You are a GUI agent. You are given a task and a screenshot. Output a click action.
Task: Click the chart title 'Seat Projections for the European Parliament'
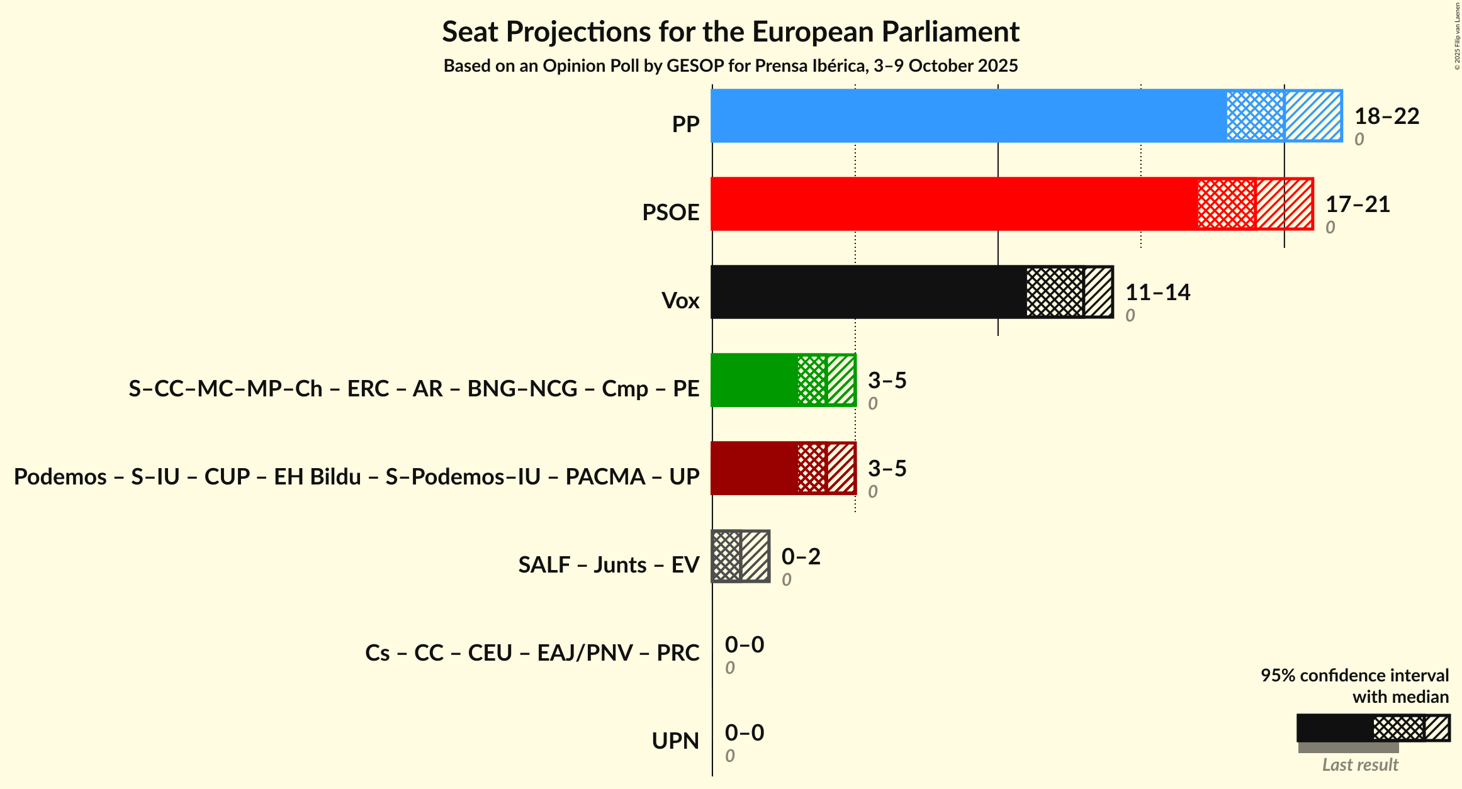[x=731, y=31]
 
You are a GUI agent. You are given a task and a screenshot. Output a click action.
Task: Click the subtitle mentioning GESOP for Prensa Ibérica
[x=731, y=65]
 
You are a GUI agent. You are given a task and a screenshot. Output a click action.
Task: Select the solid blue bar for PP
[x=969, y=116]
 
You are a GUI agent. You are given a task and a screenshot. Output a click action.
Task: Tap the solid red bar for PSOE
[x=954, y=204]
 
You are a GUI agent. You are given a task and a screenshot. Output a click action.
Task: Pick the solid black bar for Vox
[x=869, y=292]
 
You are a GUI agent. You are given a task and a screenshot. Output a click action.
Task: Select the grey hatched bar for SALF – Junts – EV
[x=740, y=556]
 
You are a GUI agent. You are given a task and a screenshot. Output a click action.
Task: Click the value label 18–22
[x=1386, y=116]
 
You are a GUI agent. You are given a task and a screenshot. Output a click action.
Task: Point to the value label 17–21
[x=1358, y=204]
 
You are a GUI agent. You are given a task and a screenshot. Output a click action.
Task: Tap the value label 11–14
[x=1157, y=292]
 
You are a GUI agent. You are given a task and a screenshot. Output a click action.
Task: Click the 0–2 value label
[x=801, y=556]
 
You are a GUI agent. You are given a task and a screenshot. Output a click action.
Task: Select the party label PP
[x=685, y=124]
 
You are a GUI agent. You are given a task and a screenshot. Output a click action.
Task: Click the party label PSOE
[x=670, y=212]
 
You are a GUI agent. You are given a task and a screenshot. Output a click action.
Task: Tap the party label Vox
[x=680, y=300]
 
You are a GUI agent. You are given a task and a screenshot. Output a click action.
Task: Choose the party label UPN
[x=675, y=741]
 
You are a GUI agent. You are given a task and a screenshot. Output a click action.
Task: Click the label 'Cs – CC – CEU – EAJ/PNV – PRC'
[x=532, y=652]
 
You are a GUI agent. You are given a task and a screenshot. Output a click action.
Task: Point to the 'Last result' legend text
[x=1360, y=764]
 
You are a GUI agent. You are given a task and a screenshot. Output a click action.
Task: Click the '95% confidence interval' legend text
[x=1354, y=675]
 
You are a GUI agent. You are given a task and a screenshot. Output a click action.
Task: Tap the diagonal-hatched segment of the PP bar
[x=1313, y=116]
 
